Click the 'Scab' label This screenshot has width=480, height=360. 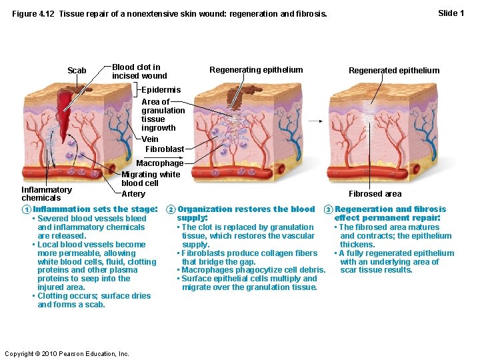(x=77, y=71)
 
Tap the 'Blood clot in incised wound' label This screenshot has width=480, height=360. (x=136, y=71)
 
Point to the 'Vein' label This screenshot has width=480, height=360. (x=150, y=139)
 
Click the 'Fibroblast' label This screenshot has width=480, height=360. (x=165, y=149)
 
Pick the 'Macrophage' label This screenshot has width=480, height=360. (x=159, y=163)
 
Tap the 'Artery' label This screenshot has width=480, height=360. (x=133, y=194)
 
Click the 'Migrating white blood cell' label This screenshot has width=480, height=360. (x=150, y=179)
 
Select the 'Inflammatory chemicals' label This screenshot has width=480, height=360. (x=47, y=193)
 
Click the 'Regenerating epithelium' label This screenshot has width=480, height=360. (x=256, y=70)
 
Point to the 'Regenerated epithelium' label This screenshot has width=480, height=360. (x=394, y=71)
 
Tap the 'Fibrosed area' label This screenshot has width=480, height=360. (x=375, y=194)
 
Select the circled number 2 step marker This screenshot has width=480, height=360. (x=171, y=209)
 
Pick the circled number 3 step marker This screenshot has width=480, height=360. (x=328, y=209)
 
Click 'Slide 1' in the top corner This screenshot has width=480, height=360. (x=451, y=13)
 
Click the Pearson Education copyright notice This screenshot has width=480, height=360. (x=67, y=353)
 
